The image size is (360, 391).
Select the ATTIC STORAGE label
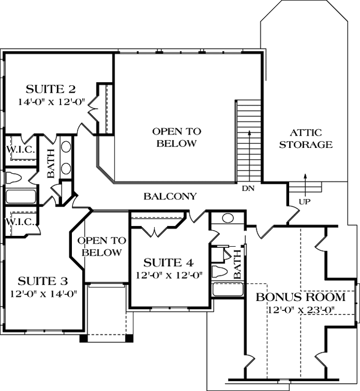click(x=306, y=138)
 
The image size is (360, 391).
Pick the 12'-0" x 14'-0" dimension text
click(x=44, y=294)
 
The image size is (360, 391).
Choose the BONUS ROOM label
click(x=300, y=298)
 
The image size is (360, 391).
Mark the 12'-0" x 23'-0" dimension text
click(x=300, y=310)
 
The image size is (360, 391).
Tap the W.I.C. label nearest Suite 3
click(x=20, y=222)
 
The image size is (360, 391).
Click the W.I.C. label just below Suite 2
click(x=20, y=150)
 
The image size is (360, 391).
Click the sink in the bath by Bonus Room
click(x=228, y=218)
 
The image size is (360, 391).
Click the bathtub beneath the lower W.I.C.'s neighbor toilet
click(x=20, y=197)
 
